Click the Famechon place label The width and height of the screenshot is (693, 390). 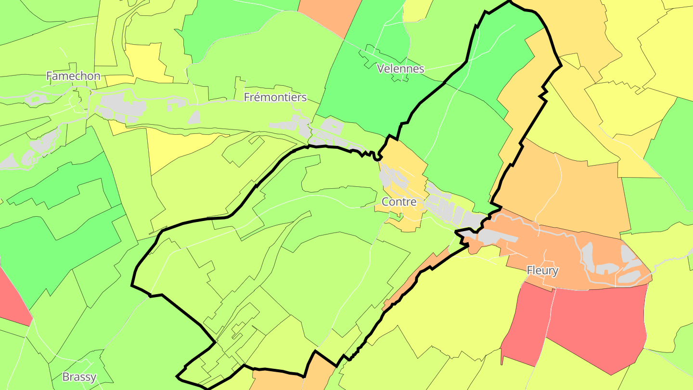pos(73,76)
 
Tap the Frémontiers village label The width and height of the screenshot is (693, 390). pos(275,97)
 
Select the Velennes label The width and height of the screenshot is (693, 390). pos(400,68)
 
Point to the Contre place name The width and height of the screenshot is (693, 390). pos(398,201)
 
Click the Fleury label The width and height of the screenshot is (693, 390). pos(542,270)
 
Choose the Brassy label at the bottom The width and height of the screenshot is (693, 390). pos(79,377)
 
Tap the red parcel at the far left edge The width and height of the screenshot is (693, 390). pos(12,299)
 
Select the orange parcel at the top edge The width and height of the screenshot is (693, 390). pos(330,14)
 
